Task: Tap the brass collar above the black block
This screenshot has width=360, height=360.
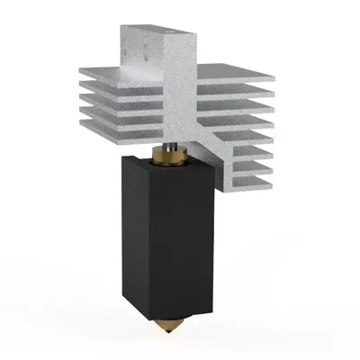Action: tap(171, 157)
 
